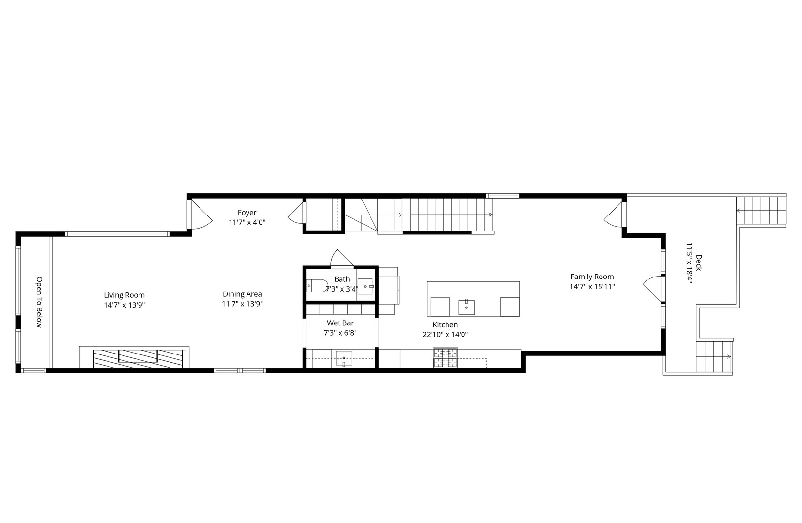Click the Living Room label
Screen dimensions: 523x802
(124, 295)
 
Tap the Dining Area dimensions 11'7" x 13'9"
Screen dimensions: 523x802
(242, 304)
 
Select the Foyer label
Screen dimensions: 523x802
(247, 213)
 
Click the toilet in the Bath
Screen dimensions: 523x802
(317, 286)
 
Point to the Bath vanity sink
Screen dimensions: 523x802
(366, 286)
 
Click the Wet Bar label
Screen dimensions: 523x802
(340, 323)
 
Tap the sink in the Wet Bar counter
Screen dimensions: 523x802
(344, 359)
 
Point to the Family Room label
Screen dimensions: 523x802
(592, 277)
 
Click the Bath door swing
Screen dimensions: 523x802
(341, 259)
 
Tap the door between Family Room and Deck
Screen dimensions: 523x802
(653, 289)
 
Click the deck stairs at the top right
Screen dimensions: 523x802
(761, 211)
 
